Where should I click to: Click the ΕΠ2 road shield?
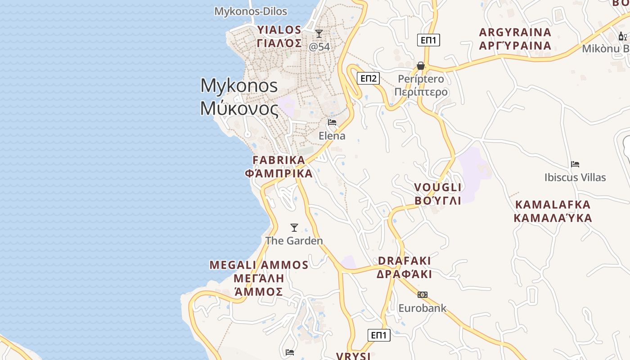click(x=369, y=78)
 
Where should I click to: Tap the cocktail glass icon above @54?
click(x=319, y=34)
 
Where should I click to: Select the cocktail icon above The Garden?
click(x=294, y=228)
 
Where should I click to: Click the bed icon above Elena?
click(x=332, y=122)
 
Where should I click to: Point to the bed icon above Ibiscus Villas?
click(x=575, y=164)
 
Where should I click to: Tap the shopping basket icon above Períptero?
click(x=421, y=66)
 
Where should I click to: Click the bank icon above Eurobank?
click(x=422, y=295)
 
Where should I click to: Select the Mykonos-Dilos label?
click(x=251, y=11)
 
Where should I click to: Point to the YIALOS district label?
click(x=279, y=30)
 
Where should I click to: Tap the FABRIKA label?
click(x=279, y=160)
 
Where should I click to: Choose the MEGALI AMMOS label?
click(x=259, y=265)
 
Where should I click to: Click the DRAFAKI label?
click(x=405, y=261)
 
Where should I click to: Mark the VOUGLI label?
click(x=438, y=187)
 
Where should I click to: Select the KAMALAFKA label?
click(x=553, y=205)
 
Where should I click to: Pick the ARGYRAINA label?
click(x=515, y=32)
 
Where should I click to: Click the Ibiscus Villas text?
click(x=575, y=177)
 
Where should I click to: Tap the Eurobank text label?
click(x=423, y=308)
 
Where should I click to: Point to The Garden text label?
click(x=294, y=241)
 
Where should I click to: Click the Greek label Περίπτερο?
click(x=421, y=92)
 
